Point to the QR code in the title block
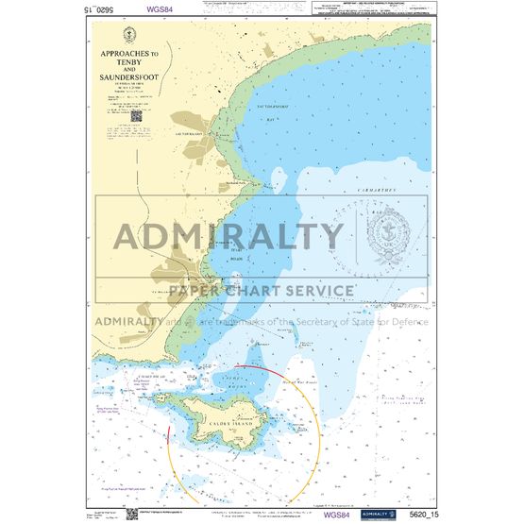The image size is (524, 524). pyautogui.click(x=137, y=114)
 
